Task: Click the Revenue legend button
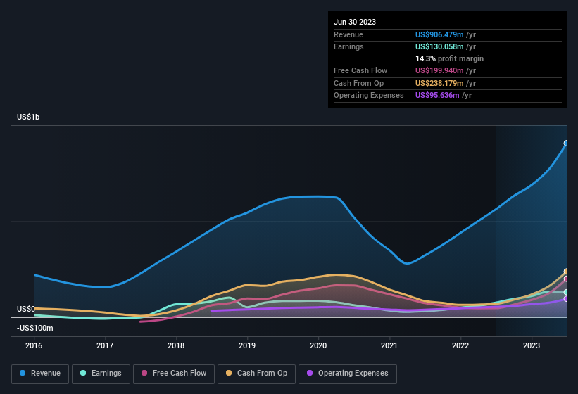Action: coord(40,373)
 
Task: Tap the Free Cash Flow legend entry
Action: coord(173,373)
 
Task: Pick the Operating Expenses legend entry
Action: coord(348,373)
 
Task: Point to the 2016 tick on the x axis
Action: coord(34,345)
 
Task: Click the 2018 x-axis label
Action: coord(176,345)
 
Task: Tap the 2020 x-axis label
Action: coord(318,345)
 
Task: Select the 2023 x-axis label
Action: coord(532,345)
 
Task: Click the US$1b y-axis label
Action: coord(28,117)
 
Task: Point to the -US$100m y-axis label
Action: coord(34,328)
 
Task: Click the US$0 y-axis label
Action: coord(26,309)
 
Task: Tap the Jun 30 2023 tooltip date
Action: coord(355,22)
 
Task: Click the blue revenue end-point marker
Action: coord(566,144)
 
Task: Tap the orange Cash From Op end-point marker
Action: coord(566,272)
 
